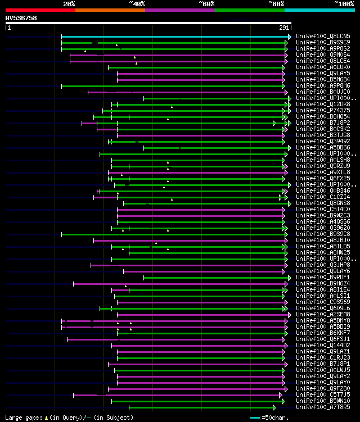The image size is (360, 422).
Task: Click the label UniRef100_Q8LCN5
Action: pos(323,36)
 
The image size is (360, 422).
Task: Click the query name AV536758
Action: pos(21,18)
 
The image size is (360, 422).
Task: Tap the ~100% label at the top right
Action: pos(344,4)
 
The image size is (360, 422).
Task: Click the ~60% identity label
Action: pos(206,4)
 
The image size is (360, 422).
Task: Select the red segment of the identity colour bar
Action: pos(40,10)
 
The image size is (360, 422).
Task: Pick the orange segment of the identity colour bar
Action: pos(110,10)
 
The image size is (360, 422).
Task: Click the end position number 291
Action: pos(284,28)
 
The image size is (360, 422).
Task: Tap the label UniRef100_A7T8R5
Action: pos(323,407)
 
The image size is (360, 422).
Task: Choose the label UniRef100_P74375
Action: pos(323,110)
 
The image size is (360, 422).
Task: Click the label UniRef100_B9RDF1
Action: pos(323,277)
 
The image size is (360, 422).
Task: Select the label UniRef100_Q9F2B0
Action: pos(323,388)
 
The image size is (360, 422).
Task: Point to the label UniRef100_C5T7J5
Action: pos(323,394)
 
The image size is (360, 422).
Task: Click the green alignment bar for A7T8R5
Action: pos(202,407)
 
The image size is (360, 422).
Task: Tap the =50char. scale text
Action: pos(276,418)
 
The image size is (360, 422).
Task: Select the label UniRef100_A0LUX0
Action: pos(323,67)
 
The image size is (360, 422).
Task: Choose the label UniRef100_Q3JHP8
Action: pos(323,265)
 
